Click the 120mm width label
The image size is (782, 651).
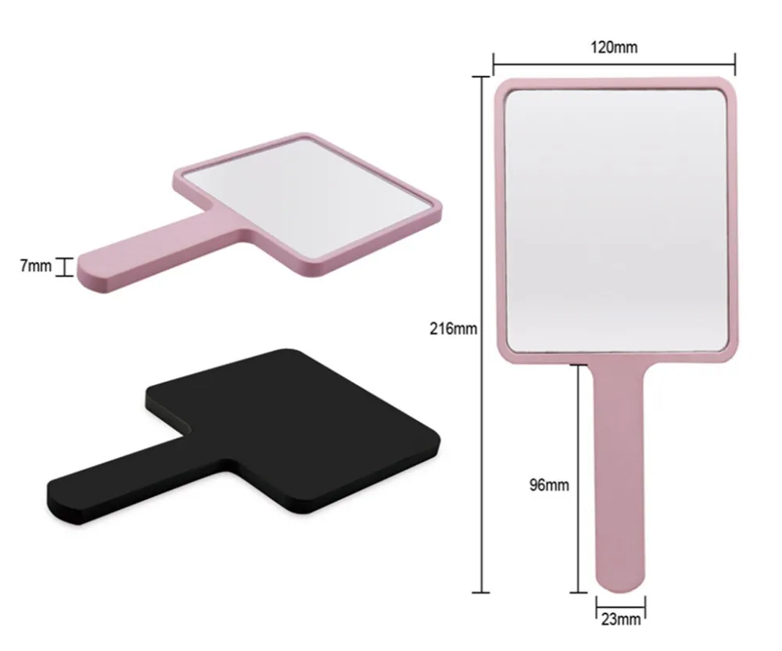[615, 48]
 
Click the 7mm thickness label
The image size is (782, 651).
[35, 266]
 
